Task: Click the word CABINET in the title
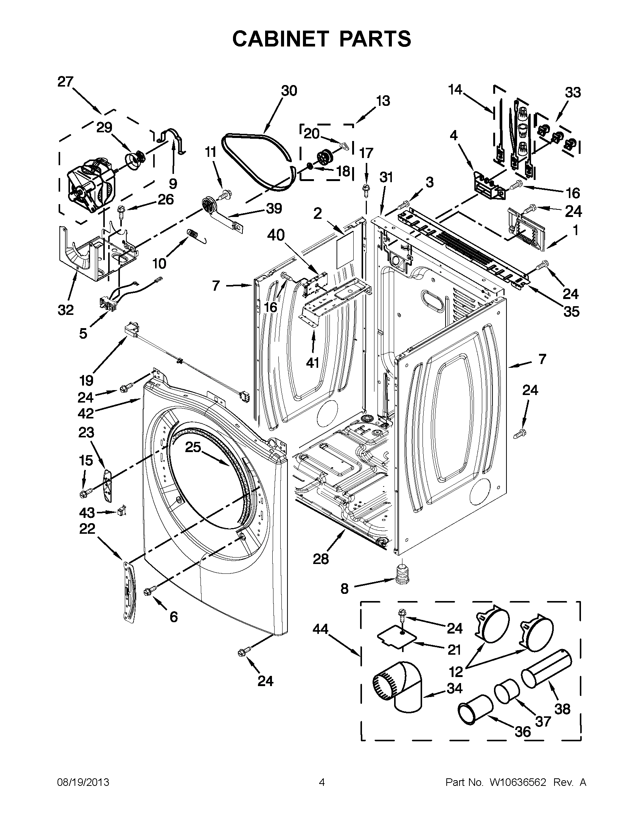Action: pyautogui.click(x=280, y=39)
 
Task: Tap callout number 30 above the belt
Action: pyautogui.click(x=289, y=91)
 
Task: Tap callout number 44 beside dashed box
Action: pyautogui.click(x=320, y=629)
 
